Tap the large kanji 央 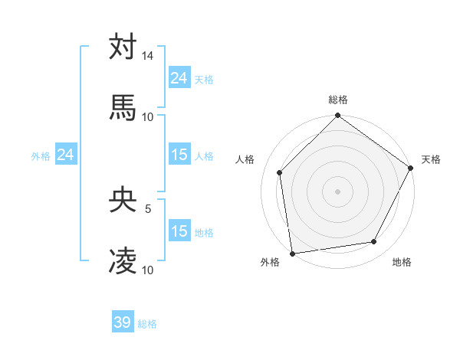tap(123, 199)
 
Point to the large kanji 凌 tap(123, 260)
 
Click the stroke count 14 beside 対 tap(148, 57)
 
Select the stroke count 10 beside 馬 tap(148, 116)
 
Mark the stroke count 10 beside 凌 tap(148, 270)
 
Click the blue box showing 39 tap(123, 322)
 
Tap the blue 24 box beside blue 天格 tap(179, 78)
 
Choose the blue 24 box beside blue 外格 tap(66, 155)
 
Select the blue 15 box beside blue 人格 tap(179, 155)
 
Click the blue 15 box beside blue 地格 tap(179, 231)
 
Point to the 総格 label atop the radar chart tap(338, 100)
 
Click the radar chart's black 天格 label tap(431, 159)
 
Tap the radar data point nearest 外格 tap(292, 253)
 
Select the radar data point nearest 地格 tap(374, 241)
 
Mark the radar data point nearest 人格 tap(280, 172)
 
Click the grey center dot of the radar tap(338, 191)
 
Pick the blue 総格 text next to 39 tap(147, 324)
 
